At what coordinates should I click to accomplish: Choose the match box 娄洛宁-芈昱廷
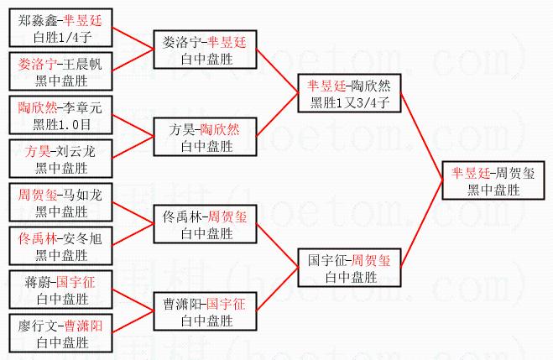pyautogui.click(x=205, y=50)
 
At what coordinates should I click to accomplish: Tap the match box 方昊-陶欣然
pyautogui.click(x=205, y=138)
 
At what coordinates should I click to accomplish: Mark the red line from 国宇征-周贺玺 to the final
pyautogui.click(x=420, y=224)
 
